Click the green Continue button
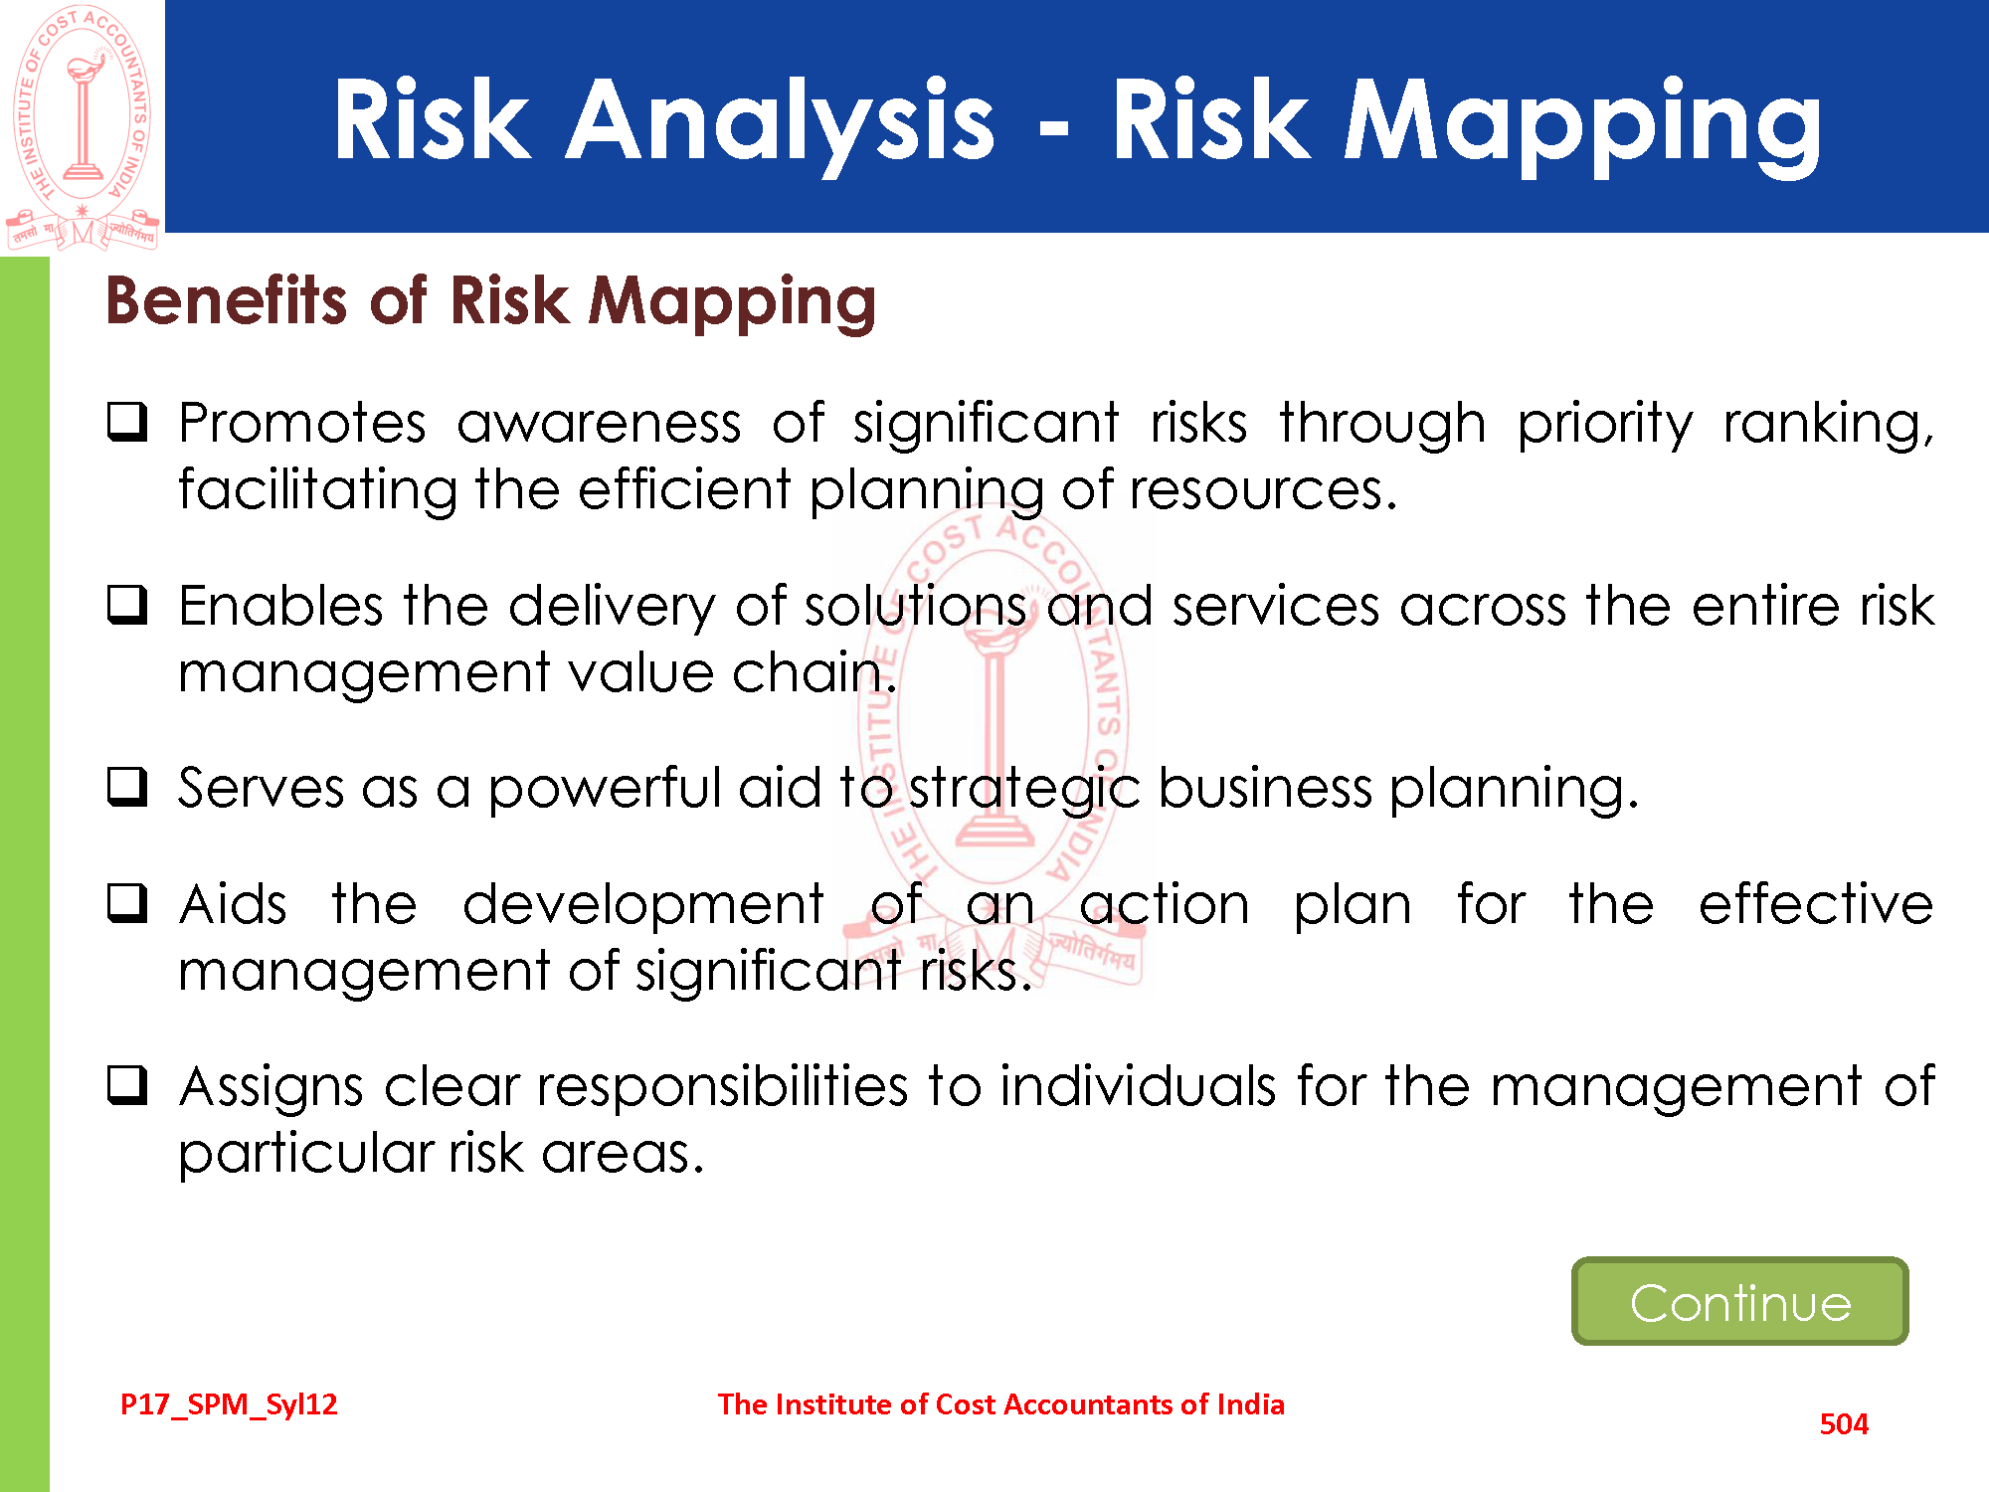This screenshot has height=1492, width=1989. [1739, 1301]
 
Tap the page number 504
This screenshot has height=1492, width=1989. [1844, 1424]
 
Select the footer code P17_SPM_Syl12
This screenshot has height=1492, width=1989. [229, 1404]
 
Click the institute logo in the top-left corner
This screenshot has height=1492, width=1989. [83, 127]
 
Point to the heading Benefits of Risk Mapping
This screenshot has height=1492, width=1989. [491, 301]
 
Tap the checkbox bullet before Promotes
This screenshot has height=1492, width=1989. [127, 422]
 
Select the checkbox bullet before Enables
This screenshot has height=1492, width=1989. [127, 604]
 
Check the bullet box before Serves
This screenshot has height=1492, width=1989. [127, 786]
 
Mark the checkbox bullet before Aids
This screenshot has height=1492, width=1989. [127, 902]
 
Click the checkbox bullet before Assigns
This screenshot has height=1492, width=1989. [127, 1084]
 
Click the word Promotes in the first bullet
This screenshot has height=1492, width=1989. [302, 423]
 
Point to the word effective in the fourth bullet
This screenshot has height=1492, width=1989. [1816, 904]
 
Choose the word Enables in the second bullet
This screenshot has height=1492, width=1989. [281, 606]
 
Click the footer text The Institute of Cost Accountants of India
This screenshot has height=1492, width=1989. [1001, 1404]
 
